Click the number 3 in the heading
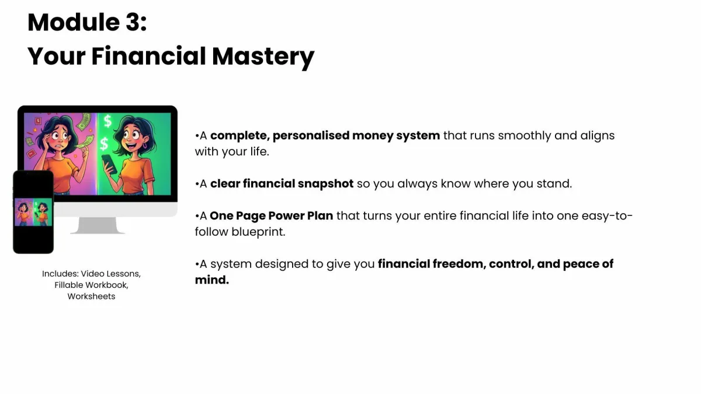point(133,23)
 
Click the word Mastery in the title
point(263,57)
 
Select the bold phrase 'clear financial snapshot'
point(282,183)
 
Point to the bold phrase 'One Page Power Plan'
point(271,216)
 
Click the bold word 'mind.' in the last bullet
point(212,280)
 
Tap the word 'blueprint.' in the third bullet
point(258,232)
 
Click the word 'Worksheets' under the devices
point(91,296)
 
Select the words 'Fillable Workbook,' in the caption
point(91,285)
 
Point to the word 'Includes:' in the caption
point(60,274)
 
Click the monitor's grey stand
point(98,225)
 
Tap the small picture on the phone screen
point(33,212)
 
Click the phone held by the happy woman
point(110,164)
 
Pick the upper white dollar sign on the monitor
point(107,121)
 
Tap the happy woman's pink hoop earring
point(145,146)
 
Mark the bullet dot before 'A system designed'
point(197,264)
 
